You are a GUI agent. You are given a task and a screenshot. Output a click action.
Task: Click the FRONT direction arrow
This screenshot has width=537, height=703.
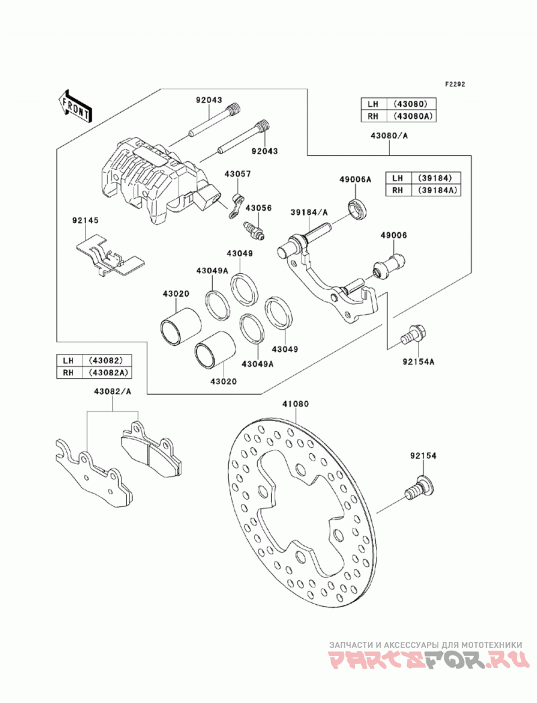coord(75,106)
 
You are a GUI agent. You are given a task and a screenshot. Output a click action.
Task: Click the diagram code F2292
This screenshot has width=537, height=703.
coord(455,84)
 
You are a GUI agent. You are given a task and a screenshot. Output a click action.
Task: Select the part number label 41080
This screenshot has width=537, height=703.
coord(295,404)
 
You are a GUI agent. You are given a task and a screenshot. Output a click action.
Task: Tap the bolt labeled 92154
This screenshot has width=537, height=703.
coord(420,487)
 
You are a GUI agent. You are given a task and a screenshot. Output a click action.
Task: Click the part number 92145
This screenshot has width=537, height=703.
coord(86,221)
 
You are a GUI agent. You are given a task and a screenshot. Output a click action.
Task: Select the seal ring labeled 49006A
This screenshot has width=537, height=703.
coord(358,208)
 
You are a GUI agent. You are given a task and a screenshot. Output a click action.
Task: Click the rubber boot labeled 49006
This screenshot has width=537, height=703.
coord(389,267)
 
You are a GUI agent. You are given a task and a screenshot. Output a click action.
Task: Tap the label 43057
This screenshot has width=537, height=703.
coord(238,174)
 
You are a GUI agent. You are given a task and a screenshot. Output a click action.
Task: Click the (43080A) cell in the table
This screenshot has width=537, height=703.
coord(414,116)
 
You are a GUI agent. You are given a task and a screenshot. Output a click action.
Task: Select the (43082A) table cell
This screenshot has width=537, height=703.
coord(109,373)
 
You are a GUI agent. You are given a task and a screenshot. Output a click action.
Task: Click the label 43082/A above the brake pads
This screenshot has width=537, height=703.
coord(113,391)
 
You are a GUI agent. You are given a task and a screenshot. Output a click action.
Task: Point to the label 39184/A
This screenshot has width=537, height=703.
coord(309,212)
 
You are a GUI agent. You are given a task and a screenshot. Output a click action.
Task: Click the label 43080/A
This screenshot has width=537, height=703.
coord(389,136)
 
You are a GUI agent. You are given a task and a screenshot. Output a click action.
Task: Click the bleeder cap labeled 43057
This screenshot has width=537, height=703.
coord(237,205)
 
